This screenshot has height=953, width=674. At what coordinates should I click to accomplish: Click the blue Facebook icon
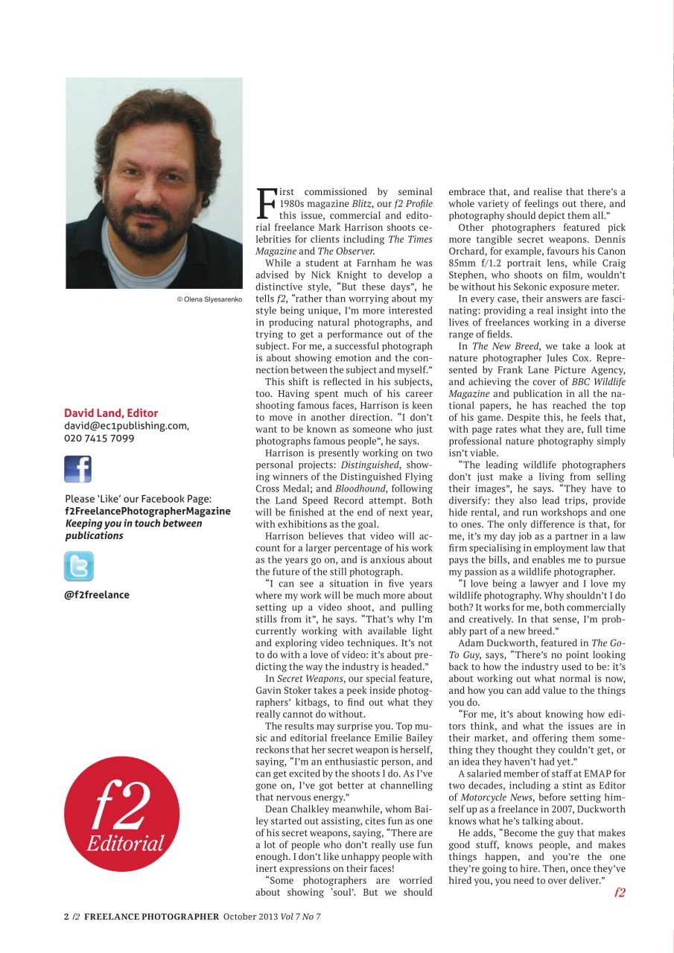[77, 469]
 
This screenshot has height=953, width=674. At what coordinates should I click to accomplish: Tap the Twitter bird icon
[79, 567]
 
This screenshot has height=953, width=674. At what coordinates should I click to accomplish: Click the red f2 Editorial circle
[121, 813]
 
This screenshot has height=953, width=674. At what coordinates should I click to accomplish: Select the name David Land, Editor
[111, 413]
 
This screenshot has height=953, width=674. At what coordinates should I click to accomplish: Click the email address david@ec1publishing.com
[126, 426]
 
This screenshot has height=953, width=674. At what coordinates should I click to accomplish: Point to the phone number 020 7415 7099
[99, 439]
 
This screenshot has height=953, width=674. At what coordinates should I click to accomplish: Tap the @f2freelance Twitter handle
[97, 595]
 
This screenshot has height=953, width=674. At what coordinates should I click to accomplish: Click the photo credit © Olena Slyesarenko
[209, 299]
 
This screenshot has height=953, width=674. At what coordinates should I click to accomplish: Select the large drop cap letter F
[265, 203]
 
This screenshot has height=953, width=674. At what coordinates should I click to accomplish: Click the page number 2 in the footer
[66, 917]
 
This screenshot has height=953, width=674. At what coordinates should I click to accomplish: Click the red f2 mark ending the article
[620, 893]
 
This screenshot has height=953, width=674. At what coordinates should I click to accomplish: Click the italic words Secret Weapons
[306, 679]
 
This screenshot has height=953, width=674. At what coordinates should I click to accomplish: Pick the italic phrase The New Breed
[502, 347]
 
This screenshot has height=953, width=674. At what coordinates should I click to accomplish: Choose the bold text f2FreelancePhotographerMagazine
[147, 511]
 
